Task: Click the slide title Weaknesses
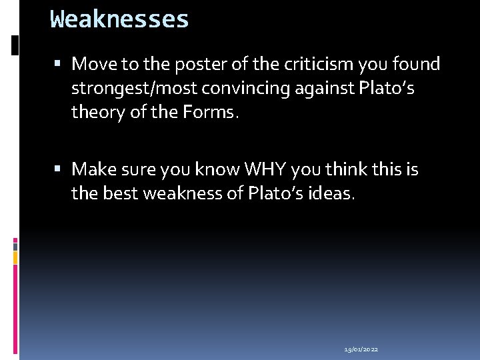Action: click(x=120, y=19)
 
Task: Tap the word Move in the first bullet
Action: click(x=93, y=64)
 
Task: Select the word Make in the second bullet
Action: click(x=93, y=169)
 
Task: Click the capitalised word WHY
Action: click(x=266, y=169)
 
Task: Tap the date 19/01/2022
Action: click(x=361, y=349)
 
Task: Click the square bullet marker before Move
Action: click(x=59, y=65)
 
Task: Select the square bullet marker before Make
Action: click(x=59, y=170)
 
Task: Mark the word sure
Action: click(x=139, y=169)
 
